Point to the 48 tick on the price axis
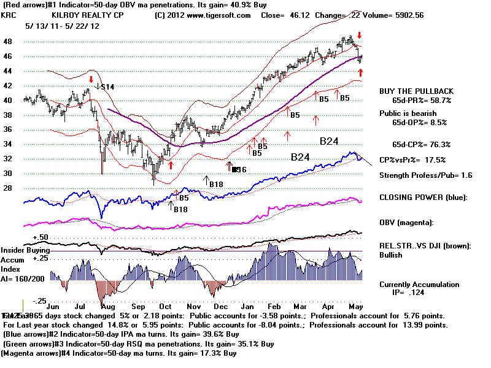point(9,42)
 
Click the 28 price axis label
point(9,189)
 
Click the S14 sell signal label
point(108,87)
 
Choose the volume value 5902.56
point(417,15)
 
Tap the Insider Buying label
point(25,250)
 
